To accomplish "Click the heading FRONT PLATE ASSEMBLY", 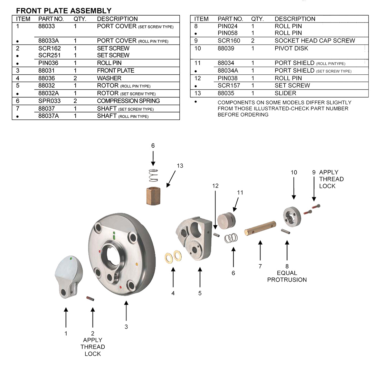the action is click(64, 11).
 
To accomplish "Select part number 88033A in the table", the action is click(48, 41).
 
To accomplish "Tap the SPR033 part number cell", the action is click(49, 101).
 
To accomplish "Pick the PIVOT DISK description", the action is click(291, 48).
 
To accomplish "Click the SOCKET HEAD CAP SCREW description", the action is click(315, 41).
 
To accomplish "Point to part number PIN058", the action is click(227, 33).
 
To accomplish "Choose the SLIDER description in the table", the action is click(285, 93).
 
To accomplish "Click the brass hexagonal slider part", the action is click(153, 196).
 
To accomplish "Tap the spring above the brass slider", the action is click(153, 175).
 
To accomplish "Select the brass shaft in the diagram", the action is click(260, 228).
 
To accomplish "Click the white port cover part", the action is click(68, 277).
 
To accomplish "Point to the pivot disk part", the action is click(292, 217).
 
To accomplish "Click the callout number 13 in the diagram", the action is click(180, 166).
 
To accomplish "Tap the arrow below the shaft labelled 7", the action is click(260, 250).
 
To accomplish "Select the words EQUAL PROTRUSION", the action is click(287, 276).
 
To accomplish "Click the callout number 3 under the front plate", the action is click(126, 327).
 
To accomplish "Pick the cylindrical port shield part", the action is click(227, 220).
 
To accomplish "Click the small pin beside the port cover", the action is click(90, 298).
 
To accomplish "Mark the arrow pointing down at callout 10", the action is click(294, 188).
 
